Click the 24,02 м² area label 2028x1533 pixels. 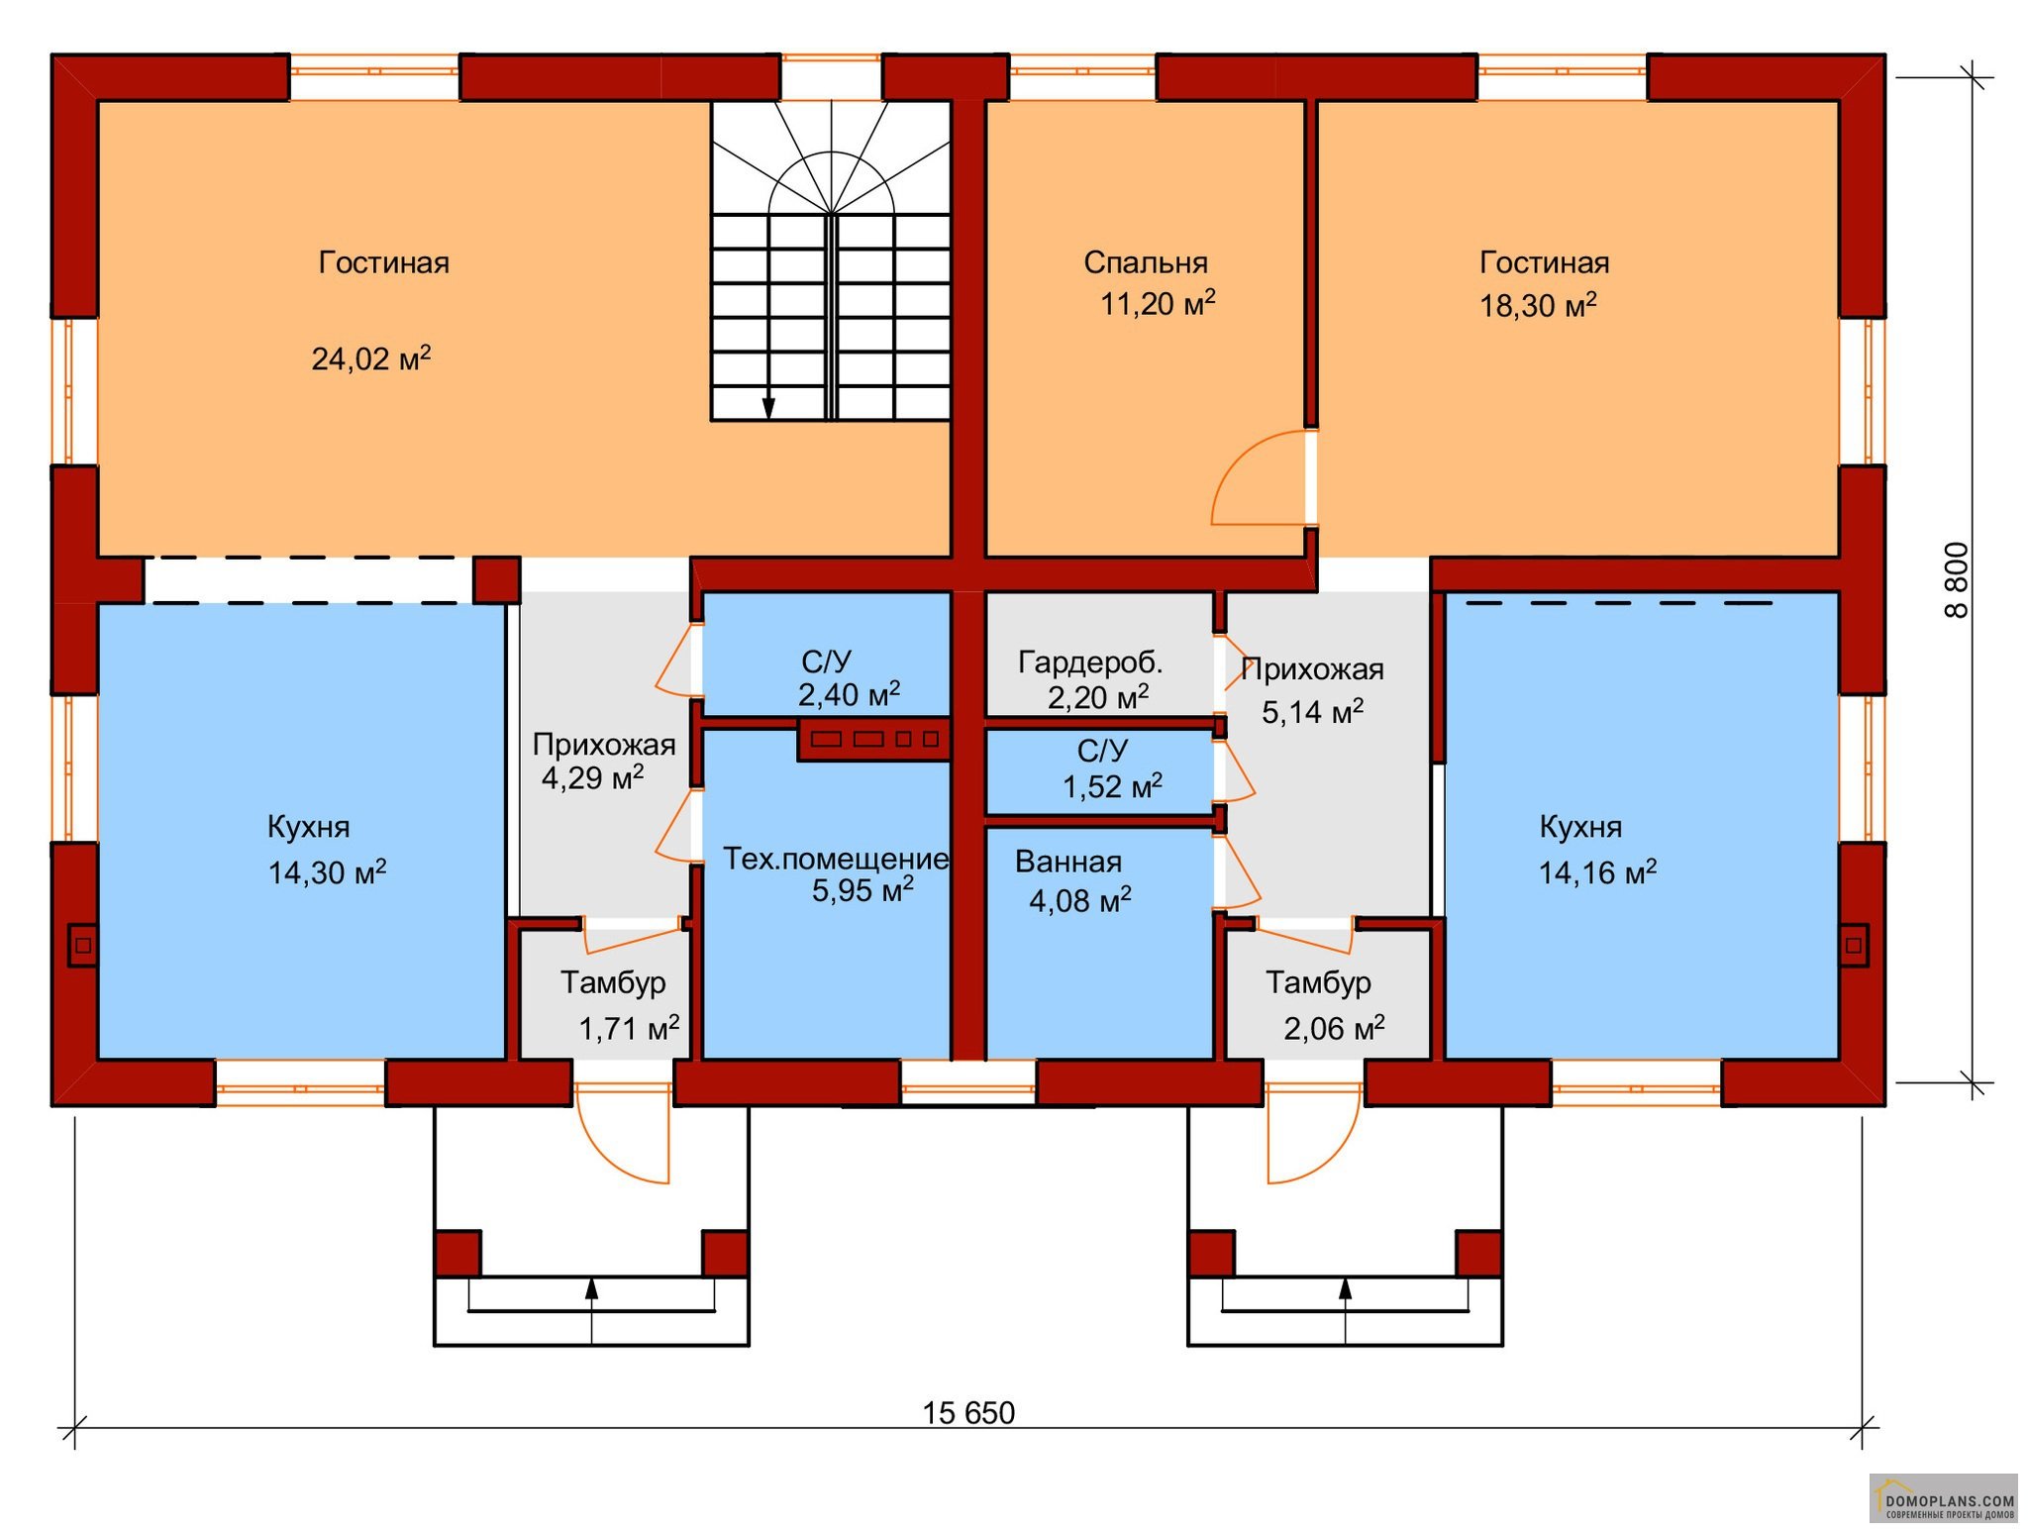(371, 358)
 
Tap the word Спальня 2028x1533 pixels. (1146, 262)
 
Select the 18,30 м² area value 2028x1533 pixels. (1538, 305)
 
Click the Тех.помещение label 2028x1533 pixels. (836, 859)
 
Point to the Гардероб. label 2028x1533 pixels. (1090, 662)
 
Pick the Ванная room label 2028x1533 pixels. (1068, 862)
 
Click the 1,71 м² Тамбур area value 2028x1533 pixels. (629, 1028)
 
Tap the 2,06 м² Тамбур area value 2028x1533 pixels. (1334, 1028)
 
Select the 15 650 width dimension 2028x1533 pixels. (968, 1413)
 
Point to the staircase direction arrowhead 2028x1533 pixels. (768, 408)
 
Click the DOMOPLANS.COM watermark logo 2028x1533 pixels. (1943, 1498)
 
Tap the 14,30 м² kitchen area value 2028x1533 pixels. (327, 871)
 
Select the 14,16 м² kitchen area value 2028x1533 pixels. (1597, 871)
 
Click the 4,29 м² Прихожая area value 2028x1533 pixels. (592, 776)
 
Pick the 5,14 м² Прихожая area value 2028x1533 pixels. (1312, 711)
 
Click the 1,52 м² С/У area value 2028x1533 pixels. (1112, 786)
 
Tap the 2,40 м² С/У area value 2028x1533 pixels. (849, 694)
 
